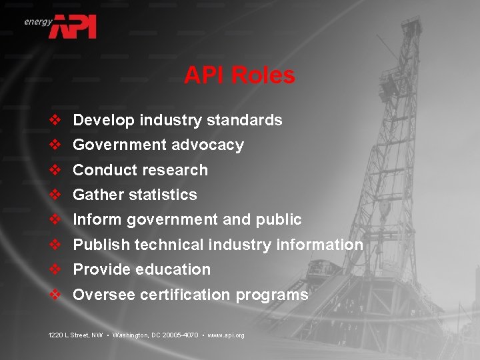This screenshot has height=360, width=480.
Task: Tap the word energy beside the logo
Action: click(37, 21)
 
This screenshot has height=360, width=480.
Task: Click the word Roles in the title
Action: click(265, 75)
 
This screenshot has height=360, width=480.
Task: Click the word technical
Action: click(169, 245)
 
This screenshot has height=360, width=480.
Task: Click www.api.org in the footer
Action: click(226, 335)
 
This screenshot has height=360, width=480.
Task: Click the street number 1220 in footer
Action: click(56, 335)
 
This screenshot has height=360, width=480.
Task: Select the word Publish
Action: click(101, 245)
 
